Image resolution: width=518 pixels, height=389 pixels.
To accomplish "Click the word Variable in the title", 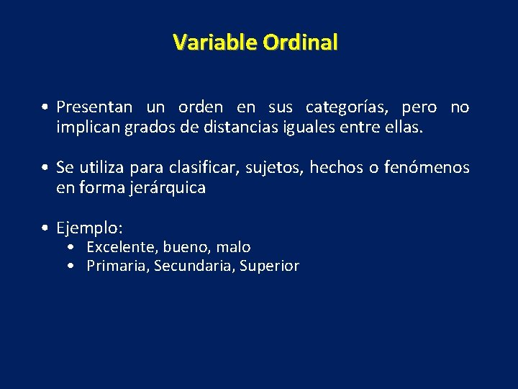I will tap(215, 43).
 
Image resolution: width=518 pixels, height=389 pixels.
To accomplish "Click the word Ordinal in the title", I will tap(300, 43).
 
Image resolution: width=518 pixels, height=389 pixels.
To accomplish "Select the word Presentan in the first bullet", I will tap(94, 107).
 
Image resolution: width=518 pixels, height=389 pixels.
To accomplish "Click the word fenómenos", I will tap(427, 168).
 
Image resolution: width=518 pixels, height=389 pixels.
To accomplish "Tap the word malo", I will tap(233, 247).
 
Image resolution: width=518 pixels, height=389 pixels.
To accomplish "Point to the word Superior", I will tap(269, 266).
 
